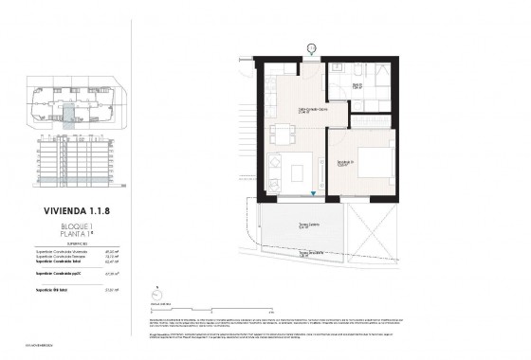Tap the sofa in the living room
(276, 172)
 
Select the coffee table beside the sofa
(299, 171)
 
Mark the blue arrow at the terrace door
(314, 196)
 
